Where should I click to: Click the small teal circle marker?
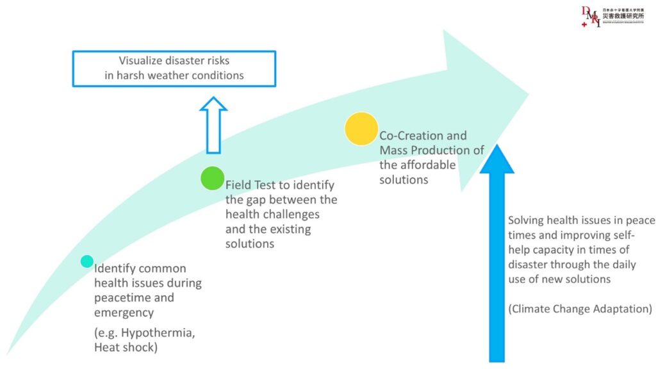(87, 261)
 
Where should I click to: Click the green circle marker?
(212, 178)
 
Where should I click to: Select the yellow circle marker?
(361, 128)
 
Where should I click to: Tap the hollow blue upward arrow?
(213, 125)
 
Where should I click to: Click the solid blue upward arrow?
(497, 256)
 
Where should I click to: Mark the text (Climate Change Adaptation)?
(580, 309)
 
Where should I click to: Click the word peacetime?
(126, 298)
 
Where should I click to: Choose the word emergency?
(124, 313)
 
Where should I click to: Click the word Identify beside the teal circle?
(113, 268)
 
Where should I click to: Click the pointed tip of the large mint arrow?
(528, 97)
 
